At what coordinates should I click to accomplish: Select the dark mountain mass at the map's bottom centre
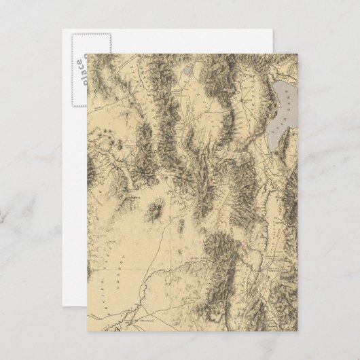click(x=224, y=258)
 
